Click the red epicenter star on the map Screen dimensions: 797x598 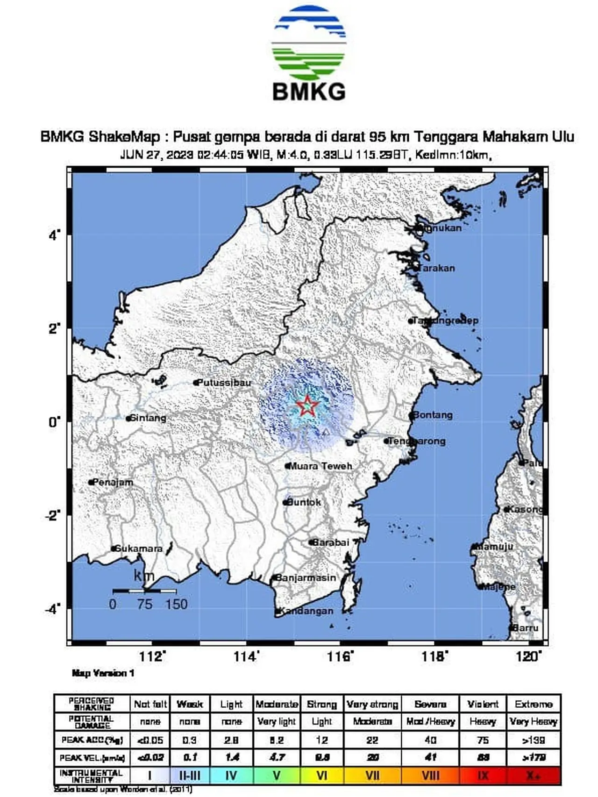[x=307, y=406]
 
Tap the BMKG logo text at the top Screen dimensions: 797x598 [x=309, y=92]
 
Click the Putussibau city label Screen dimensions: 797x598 [x=224, y=383]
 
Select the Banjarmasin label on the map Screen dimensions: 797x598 [x=306, y=578]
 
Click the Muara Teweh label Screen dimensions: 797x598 [x=320, y=466]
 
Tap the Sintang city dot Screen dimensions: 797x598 [x=128, y=419]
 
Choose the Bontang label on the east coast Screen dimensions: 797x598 [x=433, y=415]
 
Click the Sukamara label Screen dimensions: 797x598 [x=138, y=548]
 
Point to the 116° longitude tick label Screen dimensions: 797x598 [x=340, y=657]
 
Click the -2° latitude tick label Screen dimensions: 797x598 [x=53, y=515]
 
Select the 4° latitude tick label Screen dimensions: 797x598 [x=55, y=235]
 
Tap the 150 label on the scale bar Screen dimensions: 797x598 [x=176, y=604]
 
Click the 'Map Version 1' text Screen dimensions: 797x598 [x=103, y=673]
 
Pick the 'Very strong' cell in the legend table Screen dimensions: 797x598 [x=372, y=704]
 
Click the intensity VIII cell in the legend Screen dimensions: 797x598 [x=430, y=776]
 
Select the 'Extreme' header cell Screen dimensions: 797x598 [x=533, y=704]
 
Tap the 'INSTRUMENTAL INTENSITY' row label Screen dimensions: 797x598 [x=92, y=776]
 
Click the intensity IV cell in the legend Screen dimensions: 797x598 [x=231, y=776]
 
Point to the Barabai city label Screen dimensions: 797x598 [x=330, y=542]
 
